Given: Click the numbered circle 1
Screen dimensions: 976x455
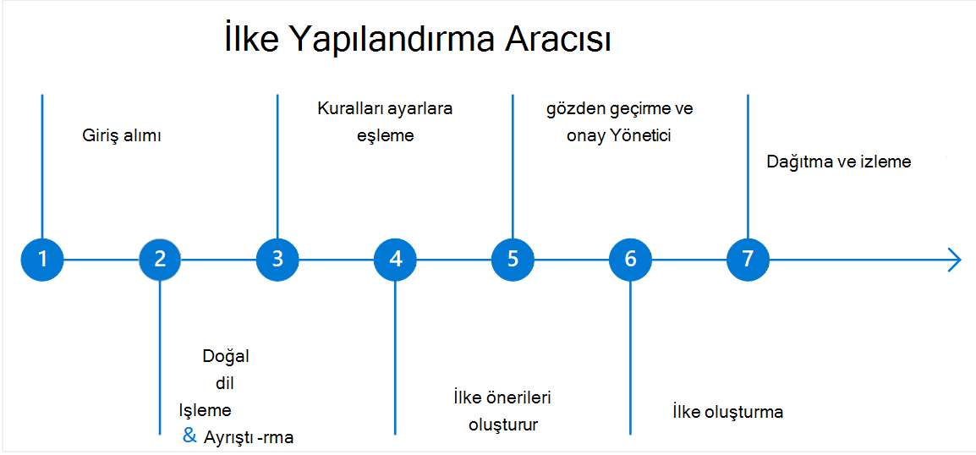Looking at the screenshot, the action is tap(42, 258).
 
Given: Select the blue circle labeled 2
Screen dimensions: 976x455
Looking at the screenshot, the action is tap(160, 258).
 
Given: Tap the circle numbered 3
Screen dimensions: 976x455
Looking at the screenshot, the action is tap(277, 258).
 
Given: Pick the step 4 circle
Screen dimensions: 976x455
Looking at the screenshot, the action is tap(395, 258).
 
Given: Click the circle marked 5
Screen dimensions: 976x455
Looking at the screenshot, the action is tap(513, 258).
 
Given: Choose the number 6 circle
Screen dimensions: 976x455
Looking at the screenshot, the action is tap(631, 258).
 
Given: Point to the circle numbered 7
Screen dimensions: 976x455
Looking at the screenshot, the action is tap(748, 258).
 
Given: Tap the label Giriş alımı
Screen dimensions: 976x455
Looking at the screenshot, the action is tap(122, 136).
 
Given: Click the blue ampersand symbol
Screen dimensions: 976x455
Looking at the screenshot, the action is tap(189, 435).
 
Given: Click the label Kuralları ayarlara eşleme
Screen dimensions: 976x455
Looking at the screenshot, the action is tap(386, 122).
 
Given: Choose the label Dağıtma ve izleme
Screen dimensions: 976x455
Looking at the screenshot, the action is tap(839, 162).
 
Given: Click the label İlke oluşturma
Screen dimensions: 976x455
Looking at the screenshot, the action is tap(727, 412).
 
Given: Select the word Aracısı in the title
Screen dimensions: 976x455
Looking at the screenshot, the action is tap(557, 41).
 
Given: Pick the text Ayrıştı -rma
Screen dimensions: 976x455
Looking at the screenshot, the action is tap(248, 437).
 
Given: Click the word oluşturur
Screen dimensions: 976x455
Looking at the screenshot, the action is tap(503, 425).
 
